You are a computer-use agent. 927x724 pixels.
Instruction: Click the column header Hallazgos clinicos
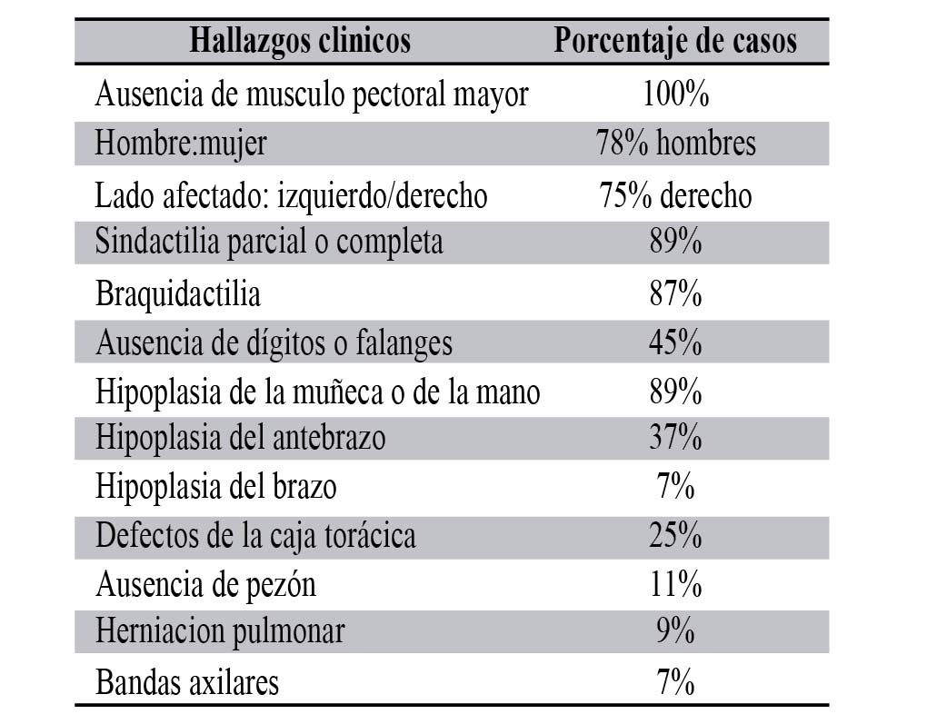pos(300,41)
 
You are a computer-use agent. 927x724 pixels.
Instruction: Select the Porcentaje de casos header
pos(675,41)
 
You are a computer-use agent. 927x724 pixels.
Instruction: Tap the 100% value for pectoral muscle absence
pos(675,94)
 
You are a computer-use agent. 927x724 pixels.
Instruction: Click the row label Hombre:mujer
pos(181,144)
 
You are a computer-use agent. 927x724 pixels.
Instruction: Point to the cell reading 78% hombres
pos(675,144)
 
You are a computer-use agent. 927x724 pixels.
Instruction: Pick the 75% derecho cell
pos(675,195)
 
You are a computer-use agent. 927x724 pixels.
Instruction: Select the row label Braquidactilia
pos(178,294)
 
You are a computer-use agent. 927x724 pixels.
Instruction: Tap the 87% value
pos(675,294)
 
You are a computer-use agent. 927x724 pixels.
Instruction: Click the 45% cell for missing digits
pos(675,343)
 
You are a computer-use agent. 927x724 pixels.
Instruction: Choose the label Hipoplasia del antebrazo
pos(241,438)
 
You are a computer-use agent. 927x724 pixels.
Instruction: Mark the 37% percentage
pos(675,438)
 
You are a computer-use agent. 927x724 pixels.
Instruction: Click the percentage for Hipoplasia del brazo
pos(675,487)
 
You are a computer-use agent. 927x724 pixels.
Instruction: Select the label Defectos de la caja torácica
pos(255,535)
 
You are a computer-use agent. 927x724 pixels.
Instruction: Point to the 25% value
pos(675,535)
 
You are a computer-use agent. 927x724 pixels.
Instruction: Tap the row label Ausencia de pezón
pos(205,584)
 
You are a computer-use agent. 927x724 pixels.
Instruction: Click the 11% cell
pos(675,584)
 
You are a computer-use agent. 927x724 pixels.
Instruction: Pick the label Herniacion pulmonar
pos(220,631)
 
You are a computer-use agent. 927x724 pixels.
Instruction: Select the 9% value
pos(675,631)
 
